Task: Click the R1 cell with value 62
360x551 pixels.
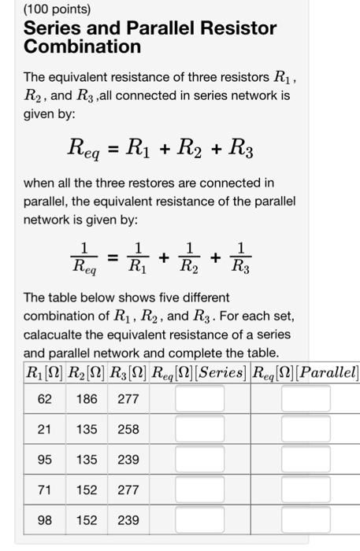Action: coord(45,399)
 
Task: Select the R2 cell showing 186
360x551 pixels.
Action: coord(87,399)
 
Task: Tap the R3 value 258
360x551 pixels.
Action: coord(128,429)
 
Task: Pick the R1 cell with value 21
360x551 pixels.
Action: coord(45,429)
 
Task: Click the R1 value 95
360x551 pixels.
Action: coord(45,460)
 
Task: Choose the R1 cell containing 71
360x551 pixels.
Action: coord(45,490)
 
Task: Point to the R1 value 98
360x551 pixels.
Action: coord(45,520)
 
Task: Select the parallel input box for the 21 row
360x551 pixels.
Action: coord(306,429)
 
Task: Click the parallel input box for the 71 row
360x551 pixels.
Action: coord(306,490)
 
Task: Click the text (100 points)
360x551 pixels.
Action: coord(57,10)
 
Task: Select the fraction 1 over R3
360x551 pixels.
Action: coord(243,257)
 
